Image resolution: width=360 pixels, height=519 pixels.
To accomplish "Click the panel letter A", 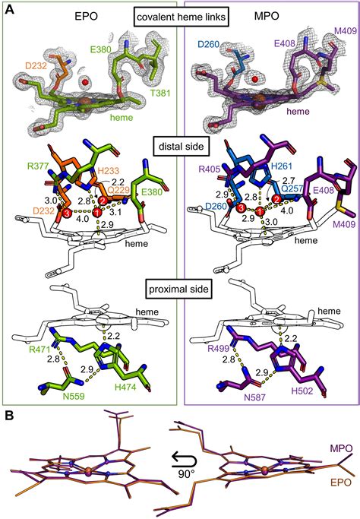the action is [x=10, y=9].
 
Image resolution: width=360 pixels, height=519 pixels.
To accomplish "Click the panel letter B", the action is [x=10, y=416].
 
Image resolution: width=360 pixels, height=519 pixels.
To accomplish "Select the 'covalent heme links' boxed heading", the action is [x=182, y=17].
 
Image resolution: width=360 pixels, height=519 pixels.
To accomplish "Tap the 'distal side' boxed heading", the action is [x=182, y=146].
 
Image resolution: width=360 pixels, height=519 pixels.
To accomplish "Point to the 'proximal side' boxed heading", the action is [x=178, y=289].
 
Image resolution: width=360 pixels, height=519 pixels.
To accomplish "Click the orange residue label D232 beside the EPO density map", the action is [x=36, y=66].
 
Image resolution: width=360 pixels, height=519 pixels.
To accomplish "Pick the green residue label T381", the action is [x=161, y=93].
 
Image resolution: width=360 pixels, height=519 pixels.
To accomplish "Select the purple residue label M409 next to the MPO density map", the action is [x=346, y=31].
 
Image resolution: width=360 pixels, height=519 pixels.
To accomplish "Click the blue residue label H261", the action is [x=282, y=166].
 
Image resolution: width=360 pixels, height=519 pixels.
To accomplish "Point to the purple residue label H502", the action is [x=302, y=391].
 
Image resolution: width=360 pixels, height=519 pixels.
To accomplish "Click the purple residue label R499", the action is [x=219, y=349].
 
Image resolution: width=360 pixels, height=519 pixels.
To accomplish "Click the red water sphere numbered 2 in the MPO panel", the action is [x=277, y=199].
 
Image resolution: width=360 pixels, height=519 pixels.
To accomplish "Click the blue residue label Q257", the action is [x=292, y=188].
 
